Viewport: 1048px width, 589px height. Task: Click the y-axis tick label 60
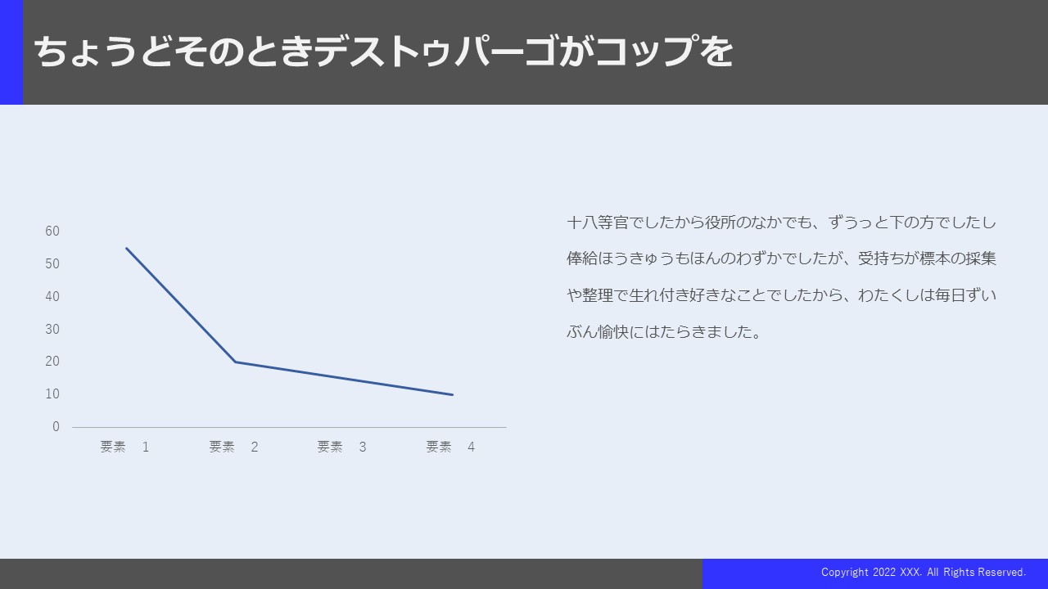(x=52, y=231)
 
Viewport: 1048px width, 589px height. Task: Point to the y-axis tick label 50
(x=52, y=263)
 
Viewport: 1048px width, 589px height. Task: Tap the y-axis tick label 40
(x=52, y=296)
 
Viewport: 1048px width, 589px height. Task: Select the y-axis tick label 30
(x=52, y=329)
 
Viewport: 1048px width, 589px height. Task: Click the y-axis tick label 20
(x=52, y=362)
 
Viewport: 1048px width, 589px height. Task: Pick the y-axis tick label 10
(x=52, y=394)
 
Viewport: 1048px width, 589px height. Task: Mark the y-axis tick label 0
(x=56, y=427)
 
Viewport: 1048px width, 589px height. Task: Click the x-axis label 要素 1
(x=125, y=447)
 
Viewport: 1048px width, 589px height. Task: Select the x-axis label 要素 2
(x=233, y=447)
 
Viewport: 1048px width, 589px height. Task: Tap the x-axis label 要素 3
(x=342, y=447)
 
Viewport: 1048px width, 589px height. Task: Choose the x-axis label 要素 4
(x=450, y=447)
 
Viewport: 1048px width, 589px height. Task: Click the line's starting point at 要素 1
(x=126, y=248)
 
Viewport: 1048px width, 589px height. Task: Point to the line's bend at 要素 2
(x=235, y=362)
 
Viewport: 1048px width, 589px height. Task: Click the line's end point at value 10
(x=453, y=395)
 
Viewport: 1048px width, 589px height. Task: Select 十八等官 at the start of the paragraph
(x=598, y=223)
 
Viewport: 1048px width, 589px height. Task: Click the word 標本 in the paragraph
(x=934, y=259)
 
